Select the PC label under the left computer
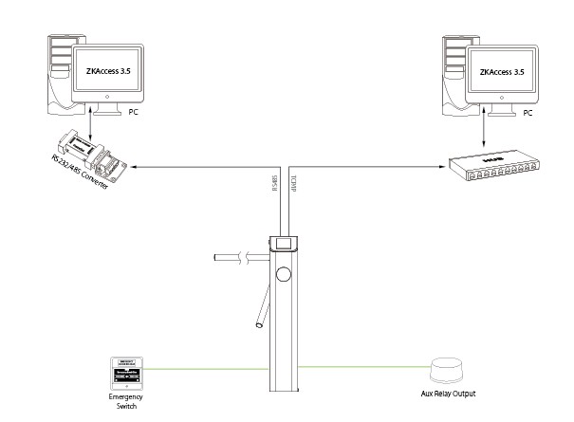(x=133, y=112)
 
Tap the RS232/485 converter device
(x=95, y=153)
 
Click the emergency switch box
(x=126, y=374)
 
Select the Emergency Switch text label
(x=126, y=403)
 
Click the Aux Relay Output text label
(x=448, y=393)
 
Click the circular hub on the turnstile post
(x=284, y=276)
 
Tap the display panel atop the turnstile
(x=282, y=243)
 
